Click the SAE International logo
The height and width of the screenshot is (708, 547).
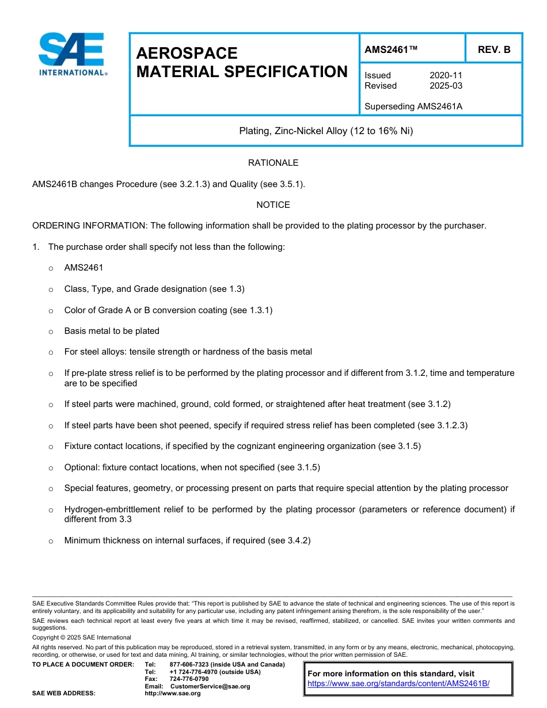click(x=72, y=54)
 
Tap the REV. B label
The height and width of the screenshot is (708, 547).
click(x=493, y=50)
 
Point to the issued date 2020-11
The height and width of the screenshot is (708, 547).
click(x=446, y=75)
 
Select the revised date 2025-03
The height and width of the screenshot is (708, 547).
click(x=446, y=86)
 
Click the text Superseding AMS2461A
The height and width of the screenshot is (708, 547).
click(x=413, y=106)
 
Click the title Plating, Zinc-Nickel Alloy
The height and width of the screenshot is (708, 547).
click(x=326, y=131)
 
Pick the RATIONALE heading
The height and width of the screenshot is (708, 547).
click(x=273, y=163)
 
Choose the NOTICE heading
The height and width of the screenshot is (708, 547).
click(x=273, y=205)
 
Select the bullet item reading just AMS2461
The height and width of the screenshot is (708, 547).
click(x=83, y=268)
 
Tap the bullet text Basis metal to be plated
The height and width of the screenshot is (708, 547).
click(x=112, y=331)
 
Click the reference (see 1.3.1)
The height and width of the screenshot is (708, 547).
click(x=251, y=310)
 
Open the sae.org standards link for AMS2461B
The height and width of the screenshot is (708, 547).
click(x=398, y=684)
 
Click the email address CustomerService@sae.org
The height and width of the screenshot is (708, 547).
click(x=210, y=686)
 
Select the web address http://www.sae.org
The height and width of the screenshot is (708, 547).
click(x=173, y=693)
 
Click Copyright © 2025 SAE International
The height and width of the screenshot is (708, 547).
click(x=82, y=637)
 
